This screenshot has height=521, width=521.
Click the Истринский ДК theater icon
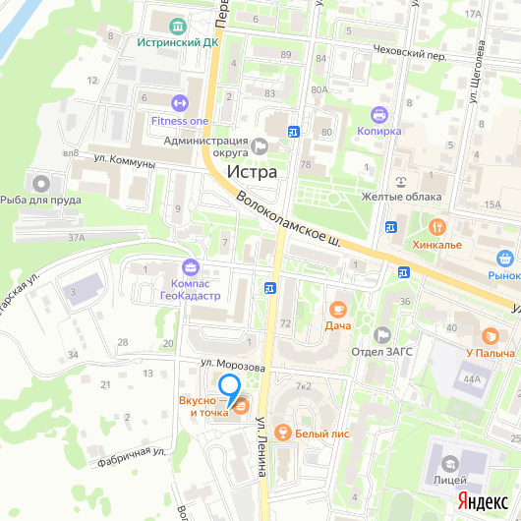click(177, 25)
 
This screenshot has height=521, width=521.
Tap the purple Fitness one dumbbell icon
click(179, 101)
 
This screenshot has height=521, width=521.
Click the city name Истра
click(253, 171)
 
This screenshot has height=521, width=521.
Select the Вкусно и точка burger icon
click(240, 403)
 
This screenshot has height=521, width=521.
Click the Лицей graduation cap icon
click(450, 463)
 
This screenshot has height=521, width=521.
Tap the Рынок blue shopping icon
click(506, 260)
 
